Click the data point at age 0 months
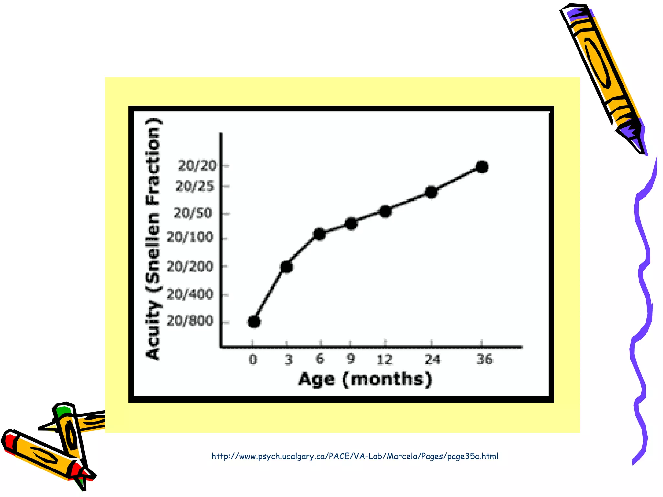pos(254,322)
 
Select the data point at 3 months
pos(287,267)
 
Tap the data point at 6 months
pos(320,234)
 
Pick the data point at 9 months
pos(351,224)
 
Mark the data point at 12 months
pos(385,211)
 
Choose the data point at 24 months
pos(431,192)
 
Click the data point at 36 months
pos(482,167)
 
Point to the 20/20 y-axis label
pos(197,166)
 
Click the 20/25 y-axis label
pos(195,186)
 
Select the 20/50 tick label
pos(193,213)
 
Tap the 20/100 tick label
pos(190,237)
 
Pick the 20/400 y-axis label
pos(190,294)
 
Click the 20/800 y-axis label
pos(190,321)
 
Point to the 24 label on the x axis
pos(433,359)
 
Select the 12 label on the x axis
pos(385,359)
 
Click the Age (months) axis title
pos(365,379)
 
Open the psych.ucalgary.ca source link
pos(355,456)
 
